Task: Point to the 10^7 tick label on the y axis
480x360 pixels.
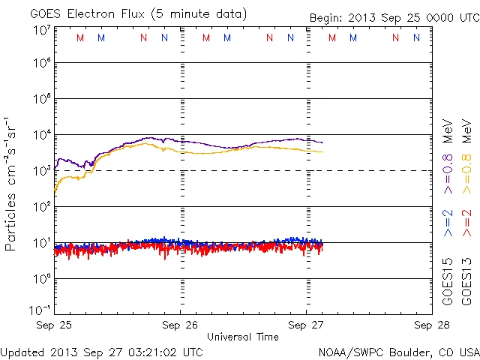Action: click(x=41, y=31)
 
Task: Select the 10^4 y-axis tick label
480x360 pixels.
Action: click(x=41, y=135)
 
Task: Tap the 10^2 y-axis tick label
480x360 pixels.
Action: click(x=41, y=207)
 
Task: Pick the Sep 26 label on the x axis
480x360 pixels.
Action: click(x=180, y=325)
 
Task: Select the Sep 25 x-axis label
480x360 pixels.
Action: click(x=55, y=325)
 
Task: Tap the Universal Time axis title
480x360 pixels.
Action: click(x=242, y=337)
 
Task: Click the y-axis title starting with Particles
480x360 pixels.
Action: click(x=12, y=184)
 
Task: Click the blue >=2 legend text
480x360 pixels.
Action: click(x=448, y=223)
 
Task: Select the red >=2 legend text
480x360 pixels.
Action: click(x=466, y=223)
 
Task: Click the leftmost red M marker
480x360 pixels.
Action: click(x=80, y=37)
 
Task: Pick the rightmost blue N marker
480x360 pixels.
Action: click(x=416, y=37)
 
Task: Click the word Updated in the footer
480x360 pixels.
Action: click(x=22, y=352)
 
